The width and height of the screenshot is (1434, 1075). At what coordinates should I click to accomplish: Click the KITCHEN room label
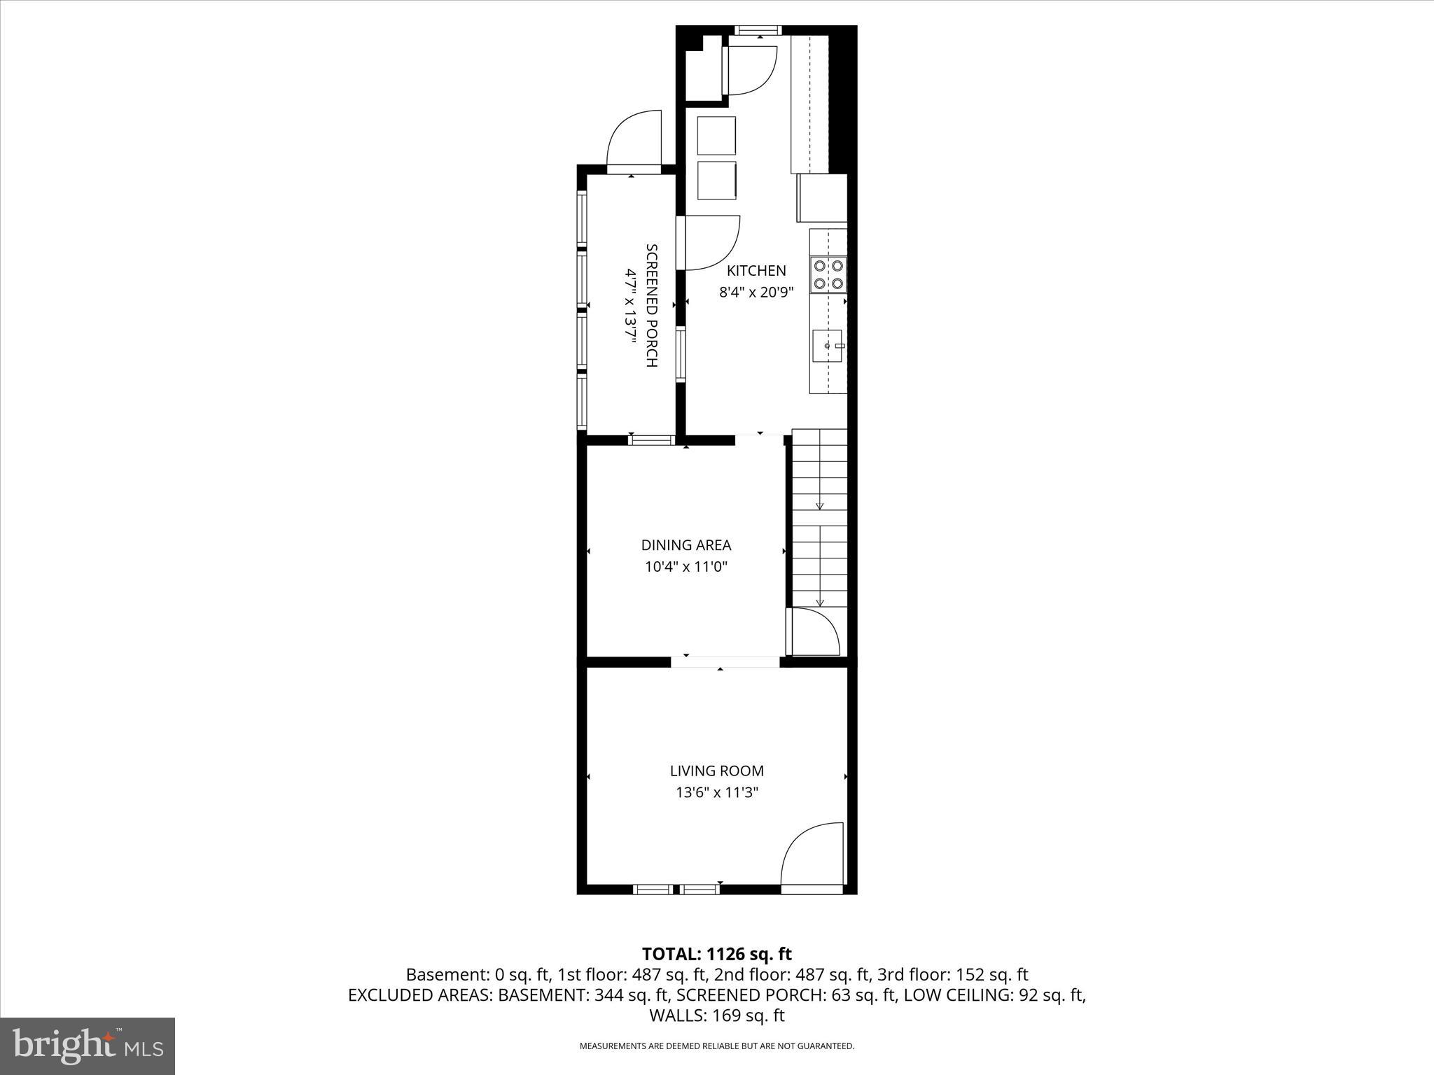pyautogui.click(x=756, y=271)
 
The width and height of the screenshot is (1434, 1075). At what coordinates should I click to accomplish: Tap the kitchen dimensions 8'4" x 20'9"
pyautogui.click(x=756, y=293)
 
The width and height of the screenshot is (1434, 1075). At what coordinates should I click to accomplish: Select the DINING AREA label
pyautogui.click(x=686, y=545)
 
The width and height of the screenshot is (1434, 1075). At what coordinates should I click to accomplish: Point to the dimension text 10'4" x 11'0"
pyautogui.click(x=686, y=567)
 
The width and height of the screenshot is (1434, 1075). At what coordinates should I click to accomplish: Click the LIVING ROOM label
pyautogui.click(x=717, y=771)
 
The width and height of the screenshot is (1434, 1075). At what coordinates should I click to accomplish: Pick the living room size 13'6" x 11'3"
pyautogui.click(x=717, y=793)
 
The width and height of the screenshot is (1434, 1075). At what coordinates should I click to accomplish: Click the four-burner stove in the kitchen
pyautogui.click(x=828, y=274)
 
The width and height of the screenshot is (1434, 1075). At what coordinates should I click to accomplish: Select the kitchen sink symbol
pyautogui.click(x=828, y=346)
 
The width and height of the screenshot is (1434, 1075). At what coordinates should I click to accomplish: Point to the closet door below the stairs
pyautogui.click(x=814, y=631)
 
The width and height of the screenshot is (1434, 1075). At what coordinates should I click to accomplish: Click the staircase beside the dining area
pyautogui.click(x=819, y=518)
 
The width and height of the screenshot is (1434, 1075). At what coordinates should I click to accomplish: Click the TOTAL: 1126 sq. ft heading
pyautogui.click(x=717, y=954)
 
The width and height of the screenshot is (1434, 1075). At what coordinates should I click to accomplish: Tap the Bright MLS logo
pyautogui.click(x=88, y=1046)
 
